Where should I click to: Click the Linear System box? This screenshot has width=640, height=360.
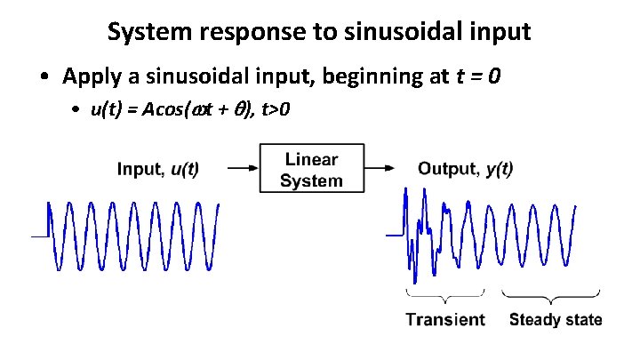(311, 169)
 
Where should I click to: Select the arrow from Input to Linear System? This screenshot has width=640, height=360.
(243, 167)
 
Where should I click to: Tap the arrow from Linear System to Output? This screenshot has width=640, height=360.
(380, 167)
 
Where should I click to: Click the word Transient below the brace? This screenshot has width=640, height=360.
(445, 320)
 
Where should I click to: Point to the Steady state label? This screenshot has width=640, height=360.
(556, 320)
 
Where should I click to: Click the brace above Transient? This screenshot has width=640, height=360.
(446, 296)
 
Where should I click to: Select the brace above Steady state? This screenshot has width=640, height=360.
(553, 296)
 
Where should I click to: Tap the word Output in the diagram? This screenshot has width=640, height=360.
(449, 169)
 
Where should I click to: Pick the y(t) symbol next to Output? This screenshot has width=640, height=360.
(500, 169)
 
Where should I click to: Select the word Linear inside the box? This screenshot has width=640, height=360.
(311, 160)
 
